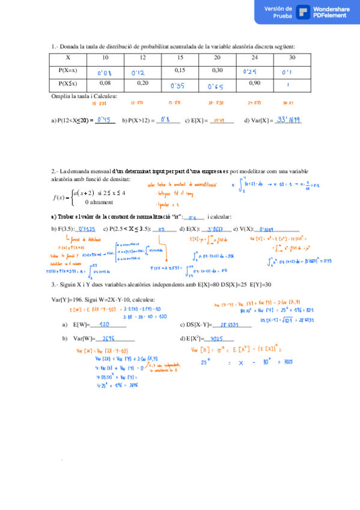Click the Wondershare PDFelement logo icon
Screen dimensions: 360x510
coord(304,13)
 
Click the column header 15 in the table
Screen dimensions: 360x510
coord(180,57)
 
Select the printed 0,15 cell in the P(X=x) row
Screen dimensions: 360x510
coord(180,70)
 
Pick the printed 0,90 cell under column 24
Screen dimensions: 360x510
coord(254,83)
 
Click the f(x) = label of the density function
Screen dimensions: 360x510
coord(63,197)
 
